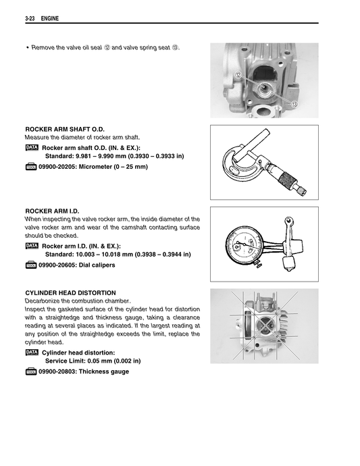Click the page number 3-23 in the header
pos(30,18)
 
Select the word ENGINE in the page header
pos(50,18)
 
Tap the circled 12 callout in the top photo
pos(238,75)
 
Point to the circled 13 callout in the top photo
pos(294,104)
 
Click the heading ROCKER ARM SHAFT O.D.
pos(65,129)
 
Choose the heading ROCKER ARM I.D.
pos(52,211)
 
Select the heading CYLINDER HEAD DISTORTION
pos(70,292)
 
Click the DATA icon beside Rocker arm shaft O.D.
pos(32,147)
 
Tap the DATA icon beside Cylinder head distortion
pos(32,352)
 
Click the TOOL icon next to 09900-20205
pos(31,167)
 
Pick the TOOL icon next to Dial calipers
pos(31,265)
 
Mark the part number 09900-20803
pos(57,371)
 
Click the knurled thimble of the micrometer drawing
pos(287,178)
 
